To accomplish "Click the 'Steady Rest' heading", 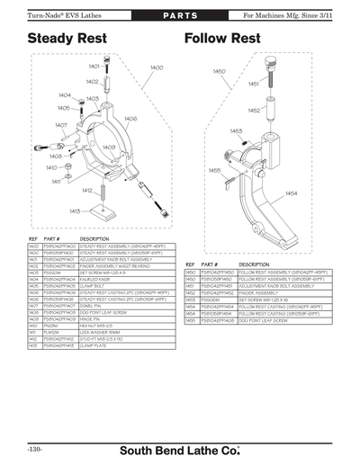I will [x=67, y=40].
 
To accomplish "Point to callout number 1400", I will [x=156, y=68].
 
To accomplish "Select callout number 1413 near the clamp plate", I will [x=75, y=210].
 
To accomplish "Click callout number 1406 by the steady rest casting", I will [x=130, y=118].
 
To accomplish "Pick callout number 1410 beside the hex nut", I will [x=52, y=167].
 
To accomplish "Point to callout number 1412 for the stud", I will [x=87, y=191].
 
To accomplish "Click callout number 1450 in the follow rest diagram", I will [x=219, y=71].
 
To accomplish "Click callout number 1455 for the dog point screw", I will [x=214, y=169].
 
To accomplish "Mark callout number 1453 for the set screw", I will [x=236, y=130].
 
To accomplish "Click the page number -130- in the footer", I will [x=35, y=447].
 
